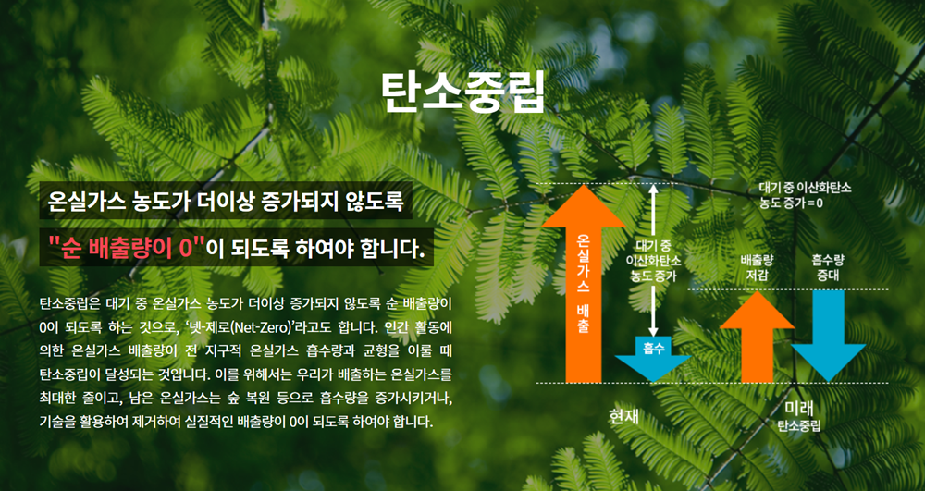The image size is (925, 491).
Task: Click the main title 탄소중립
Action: click(x=462, y=93)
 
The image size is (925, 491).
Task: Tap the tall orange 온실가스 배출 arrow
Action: click(x=583, y=284)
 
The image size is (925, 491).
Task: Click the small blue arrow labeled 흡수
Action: click(x=652, y=358)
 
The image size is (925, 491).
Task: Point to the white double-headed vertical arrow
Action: click(x=653, y=260)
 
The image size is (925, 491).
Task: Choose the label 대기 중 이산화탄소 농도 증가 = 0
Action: click(x=805, y=196)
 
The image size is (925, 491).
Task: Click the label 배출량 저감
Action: click(x=757, y=267)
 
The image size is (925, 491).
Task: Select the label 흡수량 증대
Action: click(x=828, y=267)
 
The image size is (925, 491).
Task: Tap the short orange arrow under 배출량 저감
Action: click(x=757, y=337)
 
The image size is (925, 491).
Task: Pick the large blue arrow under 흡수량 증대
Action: click(x=828, y=337)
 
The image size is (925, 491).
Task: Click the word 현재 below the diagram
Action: click(x=623, y=416)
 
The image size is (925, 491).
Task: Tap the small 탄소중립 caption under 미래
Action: click(x=799, y=425)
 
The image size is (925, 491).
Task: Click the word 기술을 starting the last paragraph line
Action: click(x=55, y=422)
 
